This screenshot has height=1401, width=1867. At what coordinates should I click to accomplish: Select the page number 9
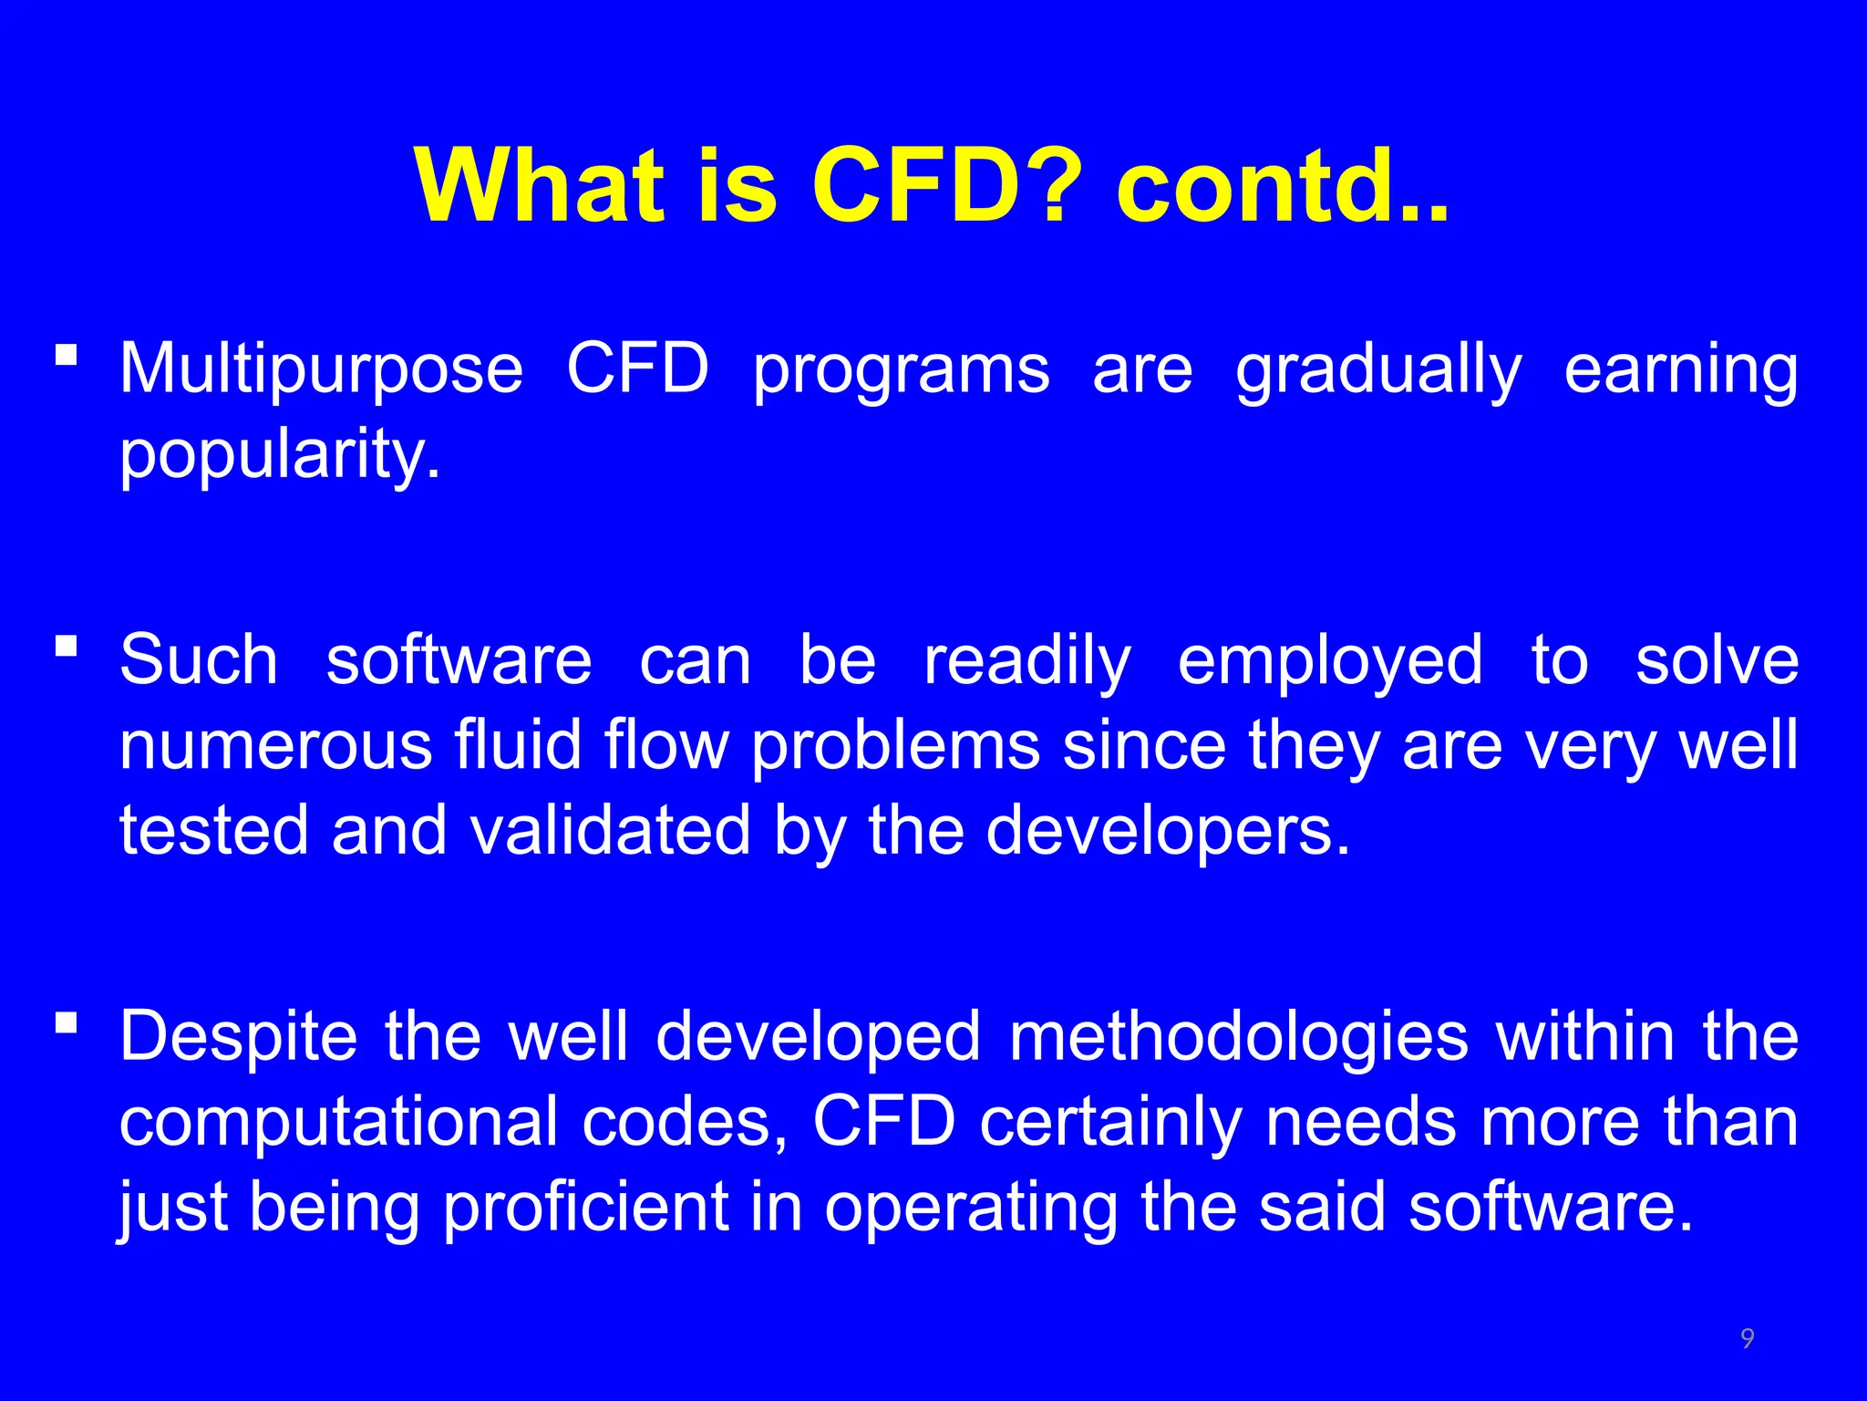click(1747, 1338)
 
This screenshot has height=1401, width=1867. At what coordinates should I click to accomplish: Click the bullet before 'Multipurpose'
click(66, 354)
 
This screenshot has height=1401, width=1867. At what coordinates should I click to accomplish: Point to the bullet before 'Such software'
click(66, 646)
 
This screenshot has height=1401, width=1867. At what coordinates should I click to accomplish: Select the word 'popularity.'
click(280, 456)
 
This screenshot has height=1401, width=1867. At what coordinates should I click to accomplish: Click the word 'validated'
click(609, 832)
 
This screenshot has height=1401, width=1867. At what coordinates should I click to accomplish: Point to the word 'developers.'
click(1168, 832)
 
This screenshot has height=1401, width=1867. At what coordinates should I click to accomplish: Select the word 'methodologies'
click(1239, 1038)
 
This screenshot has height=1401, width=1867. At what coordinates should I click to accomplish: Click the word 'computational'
click(338, 1123)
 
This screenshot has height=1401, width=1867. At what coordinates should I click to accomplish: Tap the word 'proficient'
click(586, 1208)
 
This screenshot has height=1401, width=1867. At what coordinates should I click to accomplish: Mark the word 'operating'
click(971, 1208)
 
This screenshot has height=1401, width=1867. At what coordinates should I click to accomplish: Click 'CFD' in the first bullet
click(637, 370)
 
